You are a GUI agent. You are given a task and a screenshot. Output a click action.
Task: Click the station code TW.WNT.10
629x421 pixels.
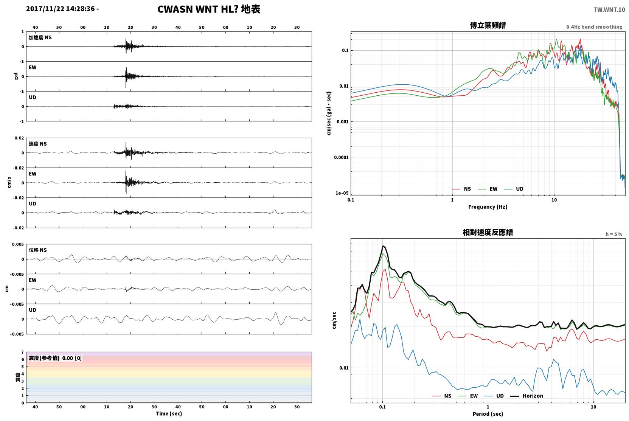click(x=609, y=9)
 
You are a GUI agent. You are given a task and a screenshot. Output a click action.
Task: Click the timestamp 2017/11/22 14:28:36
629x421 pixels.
click(x=61, y=9)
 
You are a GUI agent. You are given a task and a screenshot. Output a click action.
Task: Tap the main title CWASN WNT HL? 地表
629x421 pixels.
click(x=209, y=9)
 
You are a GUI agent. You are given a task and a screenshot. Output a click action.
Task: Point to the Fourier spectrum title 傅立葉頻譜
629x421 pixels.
click(x=488, y=25)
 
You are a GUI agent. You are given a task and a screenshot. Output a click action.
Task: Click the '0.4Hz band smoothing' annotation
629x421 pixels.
click(x=594, y=27)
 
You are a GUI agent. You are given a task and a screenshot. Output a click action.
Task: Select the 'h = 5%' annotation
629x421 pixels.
click(x=614, y=234)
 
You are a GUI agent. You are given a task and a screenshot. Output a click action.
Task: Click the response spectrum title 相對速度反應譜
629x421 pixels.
click(x=488, y=232)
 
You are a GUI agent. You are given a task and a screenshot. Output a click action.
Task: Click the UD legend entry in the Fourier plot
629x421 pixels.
click(x=514, y=189)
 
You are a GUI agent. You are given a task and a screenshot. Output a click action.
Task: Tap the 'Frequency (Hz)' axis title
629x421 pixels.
click(x=488, y=207)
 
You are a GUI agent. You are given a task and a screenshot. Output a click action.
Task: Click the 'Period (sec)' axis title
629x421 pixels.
click(x=488, y=414)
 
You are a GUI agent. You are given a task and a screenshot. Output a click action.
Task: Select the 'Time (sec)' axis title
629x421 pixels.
click(x=169, y=413)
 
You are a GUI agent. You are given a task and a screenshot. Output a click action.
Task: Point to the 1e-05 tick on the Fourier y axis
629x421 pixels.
click(x=342, y=193)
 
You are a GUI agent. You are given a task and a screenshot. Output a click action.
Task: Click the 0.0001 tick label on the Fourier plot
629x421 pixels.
click(x=341, y=157)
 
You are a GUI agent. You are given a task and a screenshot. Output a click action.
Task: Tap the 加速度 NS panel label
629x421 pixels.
click(x=40, y=37)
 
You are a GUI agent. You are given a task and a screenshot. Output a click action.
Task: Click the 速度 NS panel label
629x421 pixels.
click(x=37, y=144)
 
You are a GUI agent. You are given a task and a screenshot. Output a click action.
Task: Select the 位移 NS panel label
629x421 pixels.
click(x=37, y=250)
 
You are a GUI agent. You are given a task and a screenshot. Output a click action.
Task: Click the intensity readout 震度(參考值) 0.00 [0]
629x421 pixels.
click(x=55, y=358)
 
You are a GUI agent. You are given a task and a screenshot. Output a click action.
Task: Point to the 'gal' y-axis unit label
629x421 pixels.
click(x=16, y=76)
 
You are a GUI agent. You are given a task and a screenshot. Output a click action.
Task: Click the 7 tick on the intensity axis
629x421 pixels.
click(x=23, y=352)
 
